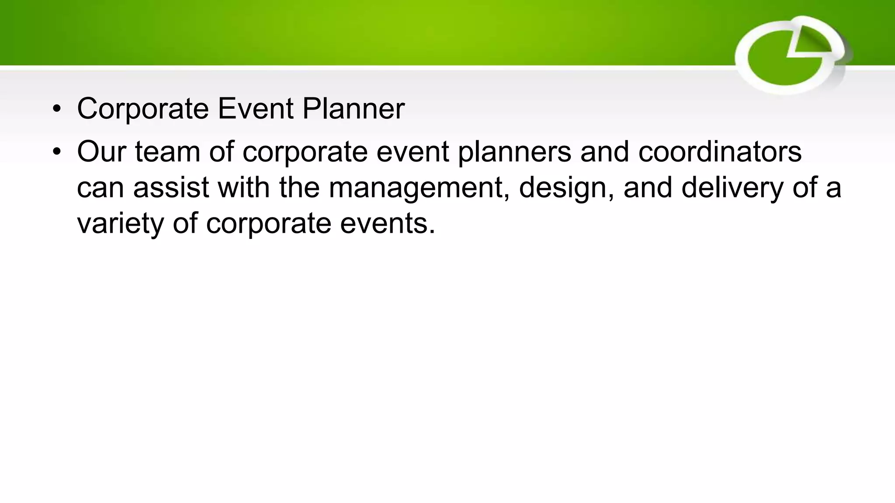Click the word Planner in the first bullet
353,109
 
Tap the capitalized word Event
255,109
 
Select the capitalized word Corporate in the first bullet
143,109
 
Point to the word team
167,152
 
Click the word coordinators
720,152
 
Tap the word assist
171,187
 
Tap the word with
243,187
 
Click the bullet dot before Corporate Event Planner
57,110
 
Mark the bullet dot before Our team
57,152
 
